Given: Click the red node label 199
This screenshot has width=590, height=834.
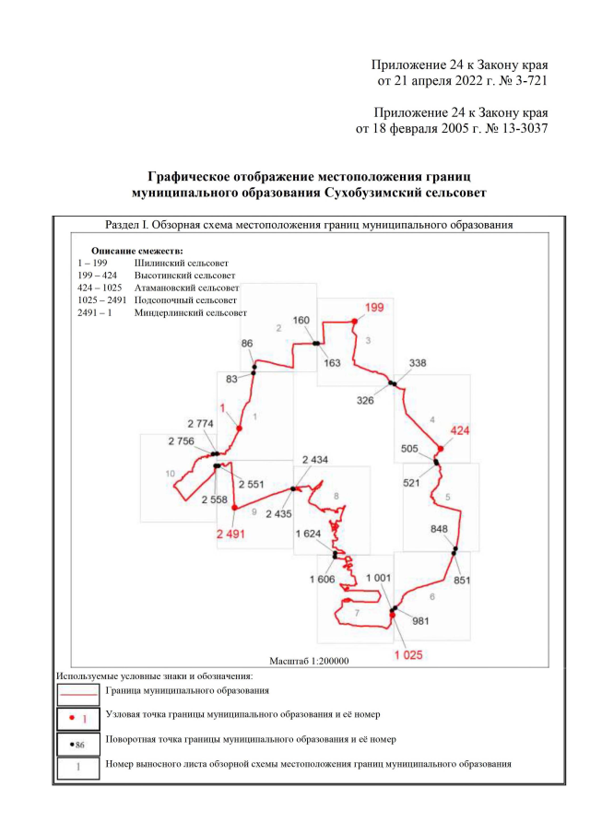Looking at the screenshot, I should click(x=374, y=307).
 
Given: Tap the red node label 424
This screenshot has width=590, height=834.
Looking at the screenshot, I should click(x=460, y=431).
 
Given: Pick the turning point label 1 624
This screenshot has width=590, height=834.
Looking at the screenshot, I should click(x=313, y=534).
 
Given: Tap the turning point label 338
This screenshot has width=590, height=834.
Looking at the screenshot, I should click(x=417, y=364).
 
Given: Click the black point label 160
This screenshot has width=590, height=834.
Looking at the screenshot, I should click(x=301, y=320).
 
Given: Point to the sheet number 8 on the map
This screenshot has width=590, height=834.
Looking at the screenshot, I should click(x=336, y=496).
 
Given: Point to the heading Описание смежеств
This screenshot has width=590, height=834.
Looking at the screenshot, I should click(x=137, y=251).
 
